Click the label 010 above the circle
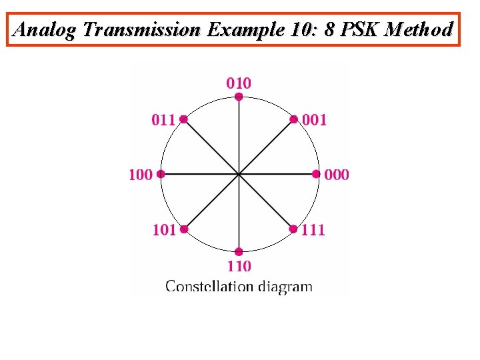pyautogui.click(x=239, y=83)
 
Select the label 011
pyautogui.click(x=164, y=120)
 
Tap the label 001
pyautogui.click(x=314, y=120)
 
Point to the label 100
pyautogui.click(x=140, y=175)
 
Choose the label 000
pyautogui.click(x=337, y=175)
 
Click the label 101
pyautogui.click(x=164, y=230)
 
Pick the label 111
pyautogui.click(x=313, y=230)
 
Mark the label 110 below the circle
pyautogui.click(x=239, y=267)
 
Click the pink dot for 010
pyautogui.click(x=239, y=97)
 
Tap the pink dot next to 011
pyautogui.click(x=183, y=119)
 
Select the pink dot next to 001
pyautogui.click(x=293, y=119)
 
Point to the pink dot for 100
pyautogui.click(x=161, y=175)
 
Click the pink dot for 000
pyautogui.click(x=316, y=175)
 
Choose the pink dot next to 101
pyautogui.click(x=183, y=229)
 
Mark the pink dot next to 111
pyautogui.click(x=293, y=229)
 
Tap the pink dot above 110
pyautogui.click(x=239, y=252)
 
